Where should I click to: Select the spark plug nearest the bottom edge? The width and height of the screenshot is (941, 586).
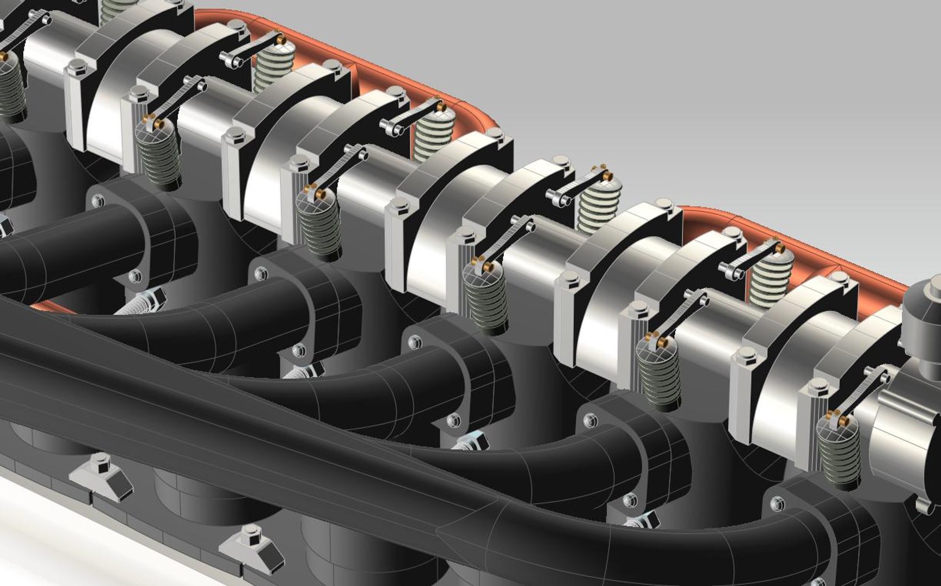pos(640,524)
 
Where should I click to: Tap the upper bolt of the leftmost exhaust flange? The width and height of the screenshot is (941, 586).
pos(98,201)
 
